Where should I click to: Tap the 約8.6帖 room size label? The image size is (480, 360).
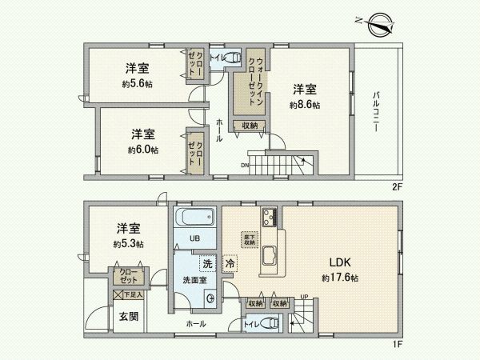coord(305,105)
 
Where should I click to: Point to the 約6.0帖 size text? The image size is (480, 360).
coord(142,150)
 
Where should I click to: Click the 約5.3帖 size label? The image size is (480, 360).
coord(128,243)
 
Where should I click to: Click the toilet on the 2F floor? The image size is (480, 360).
coord(231,57)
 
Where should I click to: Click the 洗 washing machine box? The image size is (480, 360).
coord(207,263)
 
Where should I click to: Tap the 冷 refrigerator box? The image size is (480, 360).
coord(230,263)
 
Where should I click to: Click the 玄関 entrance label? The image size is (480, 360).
coord(129,316)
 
